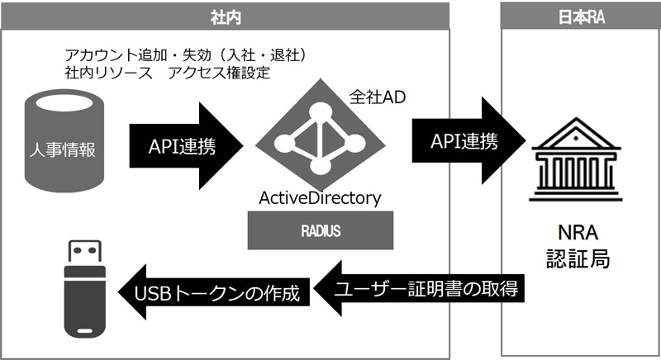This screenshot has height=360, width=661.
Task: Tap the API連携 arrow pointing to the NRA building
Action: coord(469,141)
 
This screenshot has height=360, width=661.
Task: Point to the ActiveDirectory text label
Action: coord(321,198)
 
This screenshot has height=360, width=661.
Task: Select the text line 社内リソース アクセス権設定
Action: coord(168,72)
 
